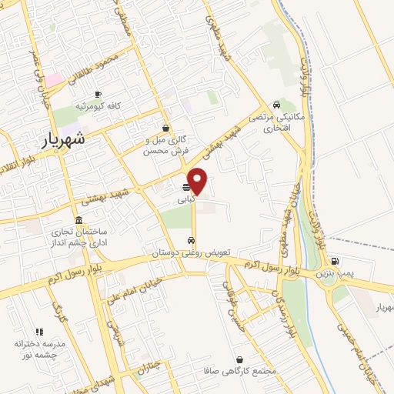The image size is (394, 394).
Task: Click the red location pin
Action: coord(198,179)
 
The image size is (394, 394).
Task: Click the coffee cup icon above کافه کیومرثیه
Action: coord(97,94)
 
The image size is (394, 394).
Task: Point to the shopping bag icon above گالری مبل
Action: coord(165,129)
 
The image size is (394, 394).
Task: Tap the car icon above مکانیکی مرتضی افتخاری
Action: coord(276,105)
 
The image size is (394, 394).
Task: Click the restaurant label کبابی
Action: coord(185,199)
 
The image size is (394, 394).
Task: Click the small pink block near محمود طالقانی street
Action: coord(54,80)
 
